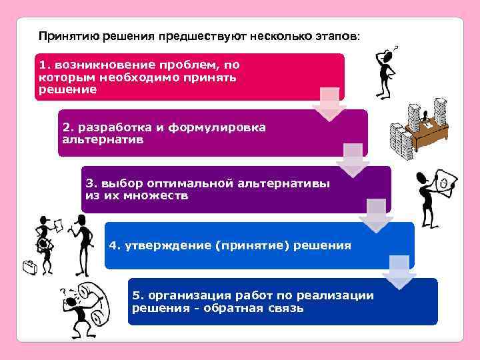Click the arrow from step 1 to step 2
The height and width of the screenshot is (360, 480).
(x=329, y=105)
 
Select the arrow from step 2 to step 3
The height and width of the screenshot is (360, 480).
(x=353, y=160)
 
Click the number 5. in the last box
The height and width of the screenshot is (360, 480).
(x=137, y=295)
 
